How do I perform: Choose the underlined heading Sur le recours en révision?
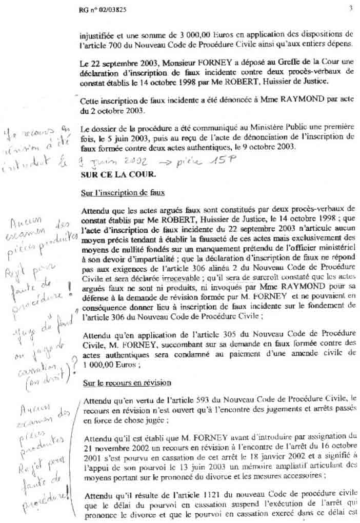pos(124,383)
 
